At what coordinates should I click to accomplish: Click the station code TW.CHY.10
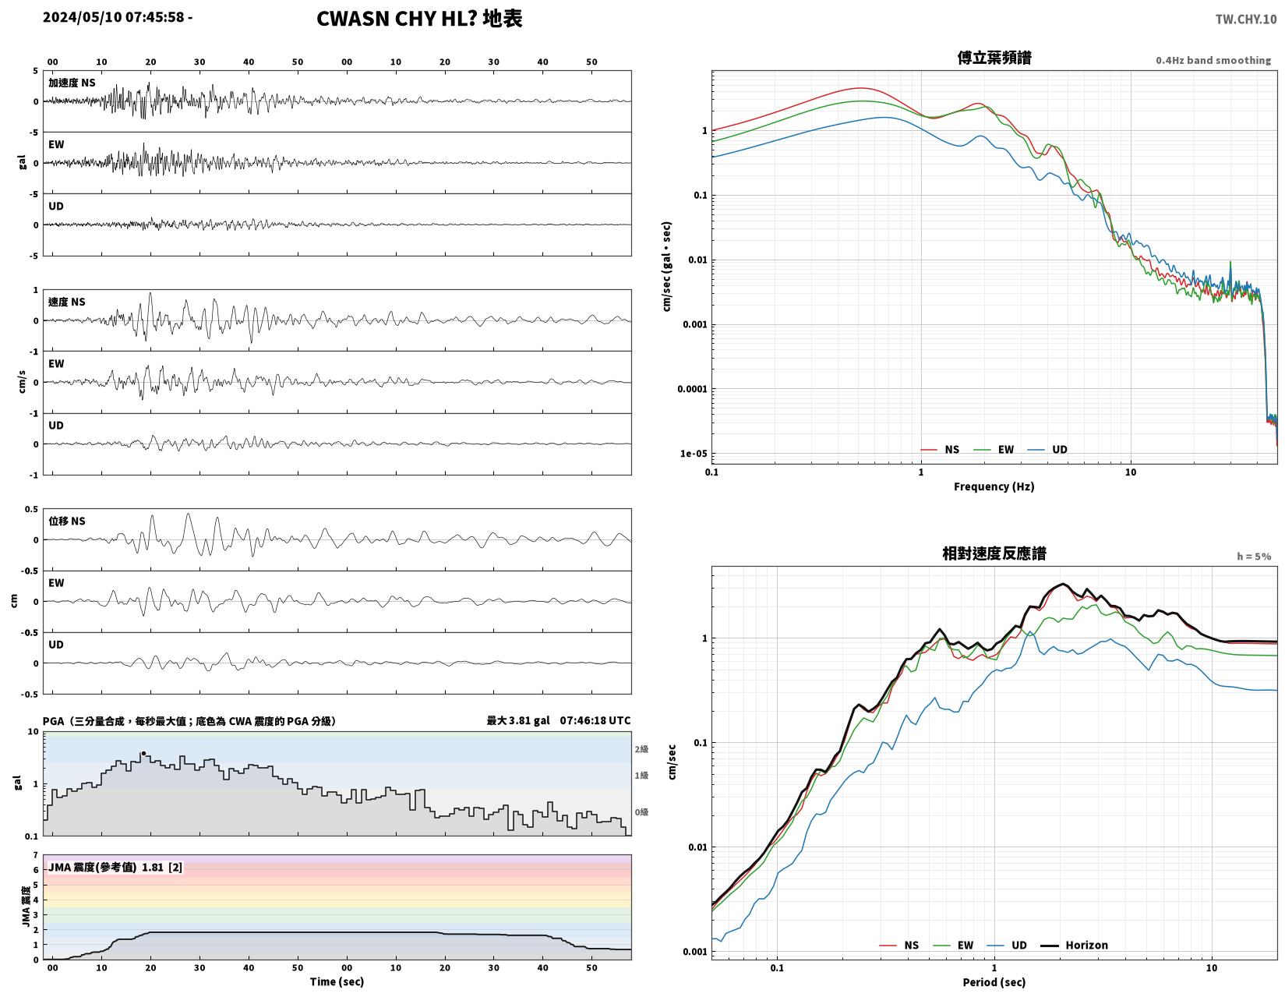pos(1245,19)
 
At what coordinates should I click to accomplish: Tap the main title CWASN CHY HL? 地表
pos(418,19)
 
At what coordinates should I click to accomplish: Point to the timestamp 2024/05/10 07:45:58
pos(114,17)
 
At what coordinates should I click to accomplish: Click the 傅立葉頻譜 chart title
pos(994,58)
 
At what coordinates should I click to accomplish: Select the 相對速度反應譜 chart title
pos(994,553)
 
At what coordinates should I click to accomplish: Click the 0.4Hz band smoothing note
pos(1213,60)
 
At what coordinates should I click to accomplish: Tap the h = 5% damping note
pos(1254,557)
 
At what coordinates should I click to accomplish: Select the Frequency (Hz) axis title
pos(994,486)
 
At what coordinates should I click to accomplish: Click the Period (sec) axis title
pos(994,982)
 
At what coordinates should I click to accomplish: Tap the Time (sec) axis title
pos(337,981)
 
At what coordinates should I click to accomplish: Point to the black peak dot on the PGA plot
pos(143,753)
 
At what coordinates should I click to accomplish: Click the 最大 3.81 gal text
pos(517,720)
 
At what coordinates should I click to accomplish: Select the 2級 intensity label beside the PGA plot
pos(641,749)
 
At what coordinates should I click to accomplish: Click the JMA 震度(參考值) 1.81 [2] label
pos(115,868)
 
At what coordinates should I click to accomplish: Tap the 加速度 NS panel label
pos(72,83)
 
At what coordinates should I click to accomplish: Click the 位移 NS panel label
pos(67,521)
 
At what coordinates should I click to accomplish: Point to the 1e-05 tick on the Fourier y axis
pos(693,454)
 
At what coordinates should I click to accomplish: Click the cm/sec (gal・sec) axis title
pos(666,266)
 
